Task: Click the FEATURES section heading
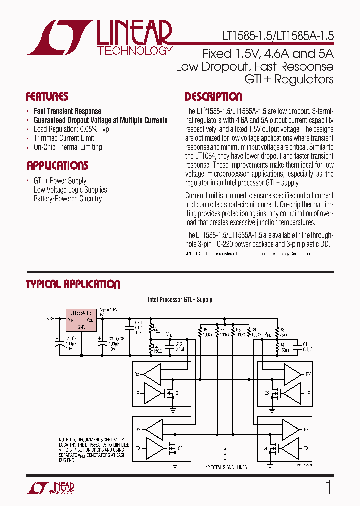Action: [x=47, y=97]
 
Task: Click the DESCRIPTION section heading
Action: [x=213, y=97]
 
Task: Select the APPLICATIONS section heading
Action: [x=57, y=166]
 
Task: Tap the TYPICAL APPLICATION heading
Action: [x=73, y=284]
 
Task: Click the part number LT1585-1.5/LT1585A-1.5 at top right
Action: [x=278, y=36]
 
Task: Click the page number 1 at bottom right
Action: [x=328, y=488]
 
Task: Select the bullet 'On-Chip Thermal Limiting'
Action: [x=67, y=147]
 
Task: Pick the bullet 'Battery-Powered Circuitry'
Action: [x=67, y=199]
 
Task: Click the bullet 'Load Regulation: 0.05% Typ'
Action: [x=71, y=129]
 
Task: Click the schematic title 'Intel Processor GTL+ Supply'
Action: [x=180, y=300]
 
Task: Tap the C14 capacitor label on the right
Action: [x=306, y=346]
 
